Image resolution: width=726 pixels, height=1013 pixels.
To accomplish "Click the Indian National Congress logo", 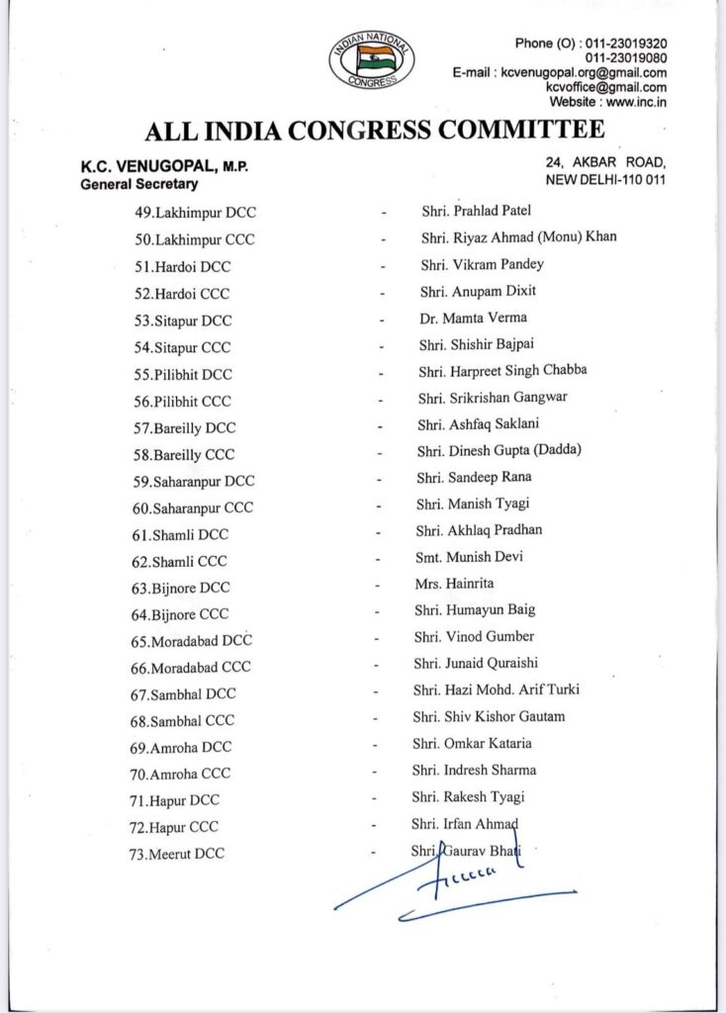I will tap(372, 60).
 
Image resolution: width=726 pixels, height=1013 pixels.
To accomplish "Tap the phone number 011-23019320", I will tap(625, 45).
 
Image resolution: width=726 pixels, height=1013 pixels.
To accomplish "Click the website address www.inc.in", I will tap(633, 101).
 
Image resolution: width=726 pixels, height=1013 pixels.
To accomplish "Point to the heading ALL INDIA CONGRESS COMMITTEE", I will tap(374, 131).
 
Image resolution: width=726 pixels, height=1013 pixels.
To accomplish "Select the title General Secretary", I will tap(139, 184).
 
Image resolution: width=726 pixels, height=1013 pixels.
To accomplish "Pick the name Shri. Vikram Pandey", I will tap(482, 264).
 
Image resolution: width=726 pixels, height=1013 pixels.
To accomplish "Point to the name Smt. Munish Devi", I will tap(470, 557).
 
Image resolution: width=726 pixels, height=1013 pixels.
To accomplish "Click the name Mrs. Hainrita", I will tap(455, 584).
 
